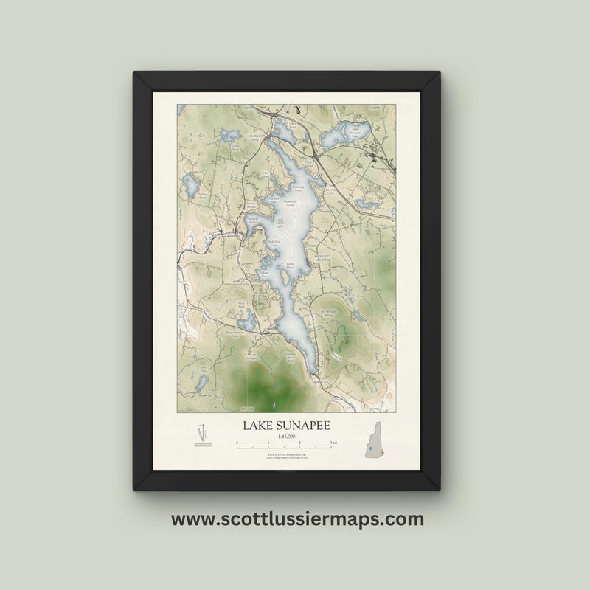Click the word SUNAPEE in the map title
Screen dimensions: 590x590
[313, 426]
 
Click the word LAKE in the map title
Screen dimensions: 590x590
[260, 426]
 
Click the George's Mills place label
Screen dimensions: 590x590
[254, 139]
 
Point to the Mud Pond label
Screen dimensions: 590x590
[240, 304]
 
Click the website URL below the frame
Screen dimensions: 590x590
[297, 519]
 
